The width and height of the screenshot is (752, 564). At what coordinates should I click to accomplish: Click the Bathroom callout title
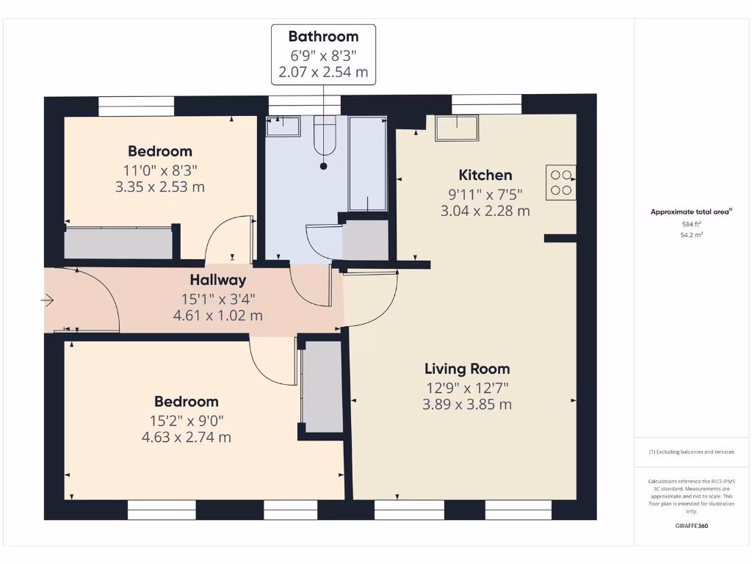point(323,37)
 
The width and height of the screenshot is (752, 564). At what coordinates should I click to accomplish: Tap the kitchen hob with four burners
point(561,182)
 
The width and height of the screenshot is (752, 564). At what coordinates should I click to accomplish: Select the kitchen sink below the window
point(456,129)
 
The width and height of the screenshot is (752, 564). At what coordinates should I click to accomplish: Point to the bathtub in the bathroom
point(368,163)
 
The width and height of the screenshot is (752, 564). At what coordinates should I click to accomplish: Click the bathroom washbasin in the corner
point(283,126)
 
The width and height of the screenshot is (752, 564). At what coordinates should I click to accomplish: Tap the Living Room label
point(467,369)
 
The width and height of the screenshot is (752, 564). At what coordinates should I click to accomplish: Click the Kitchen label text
point(485,175)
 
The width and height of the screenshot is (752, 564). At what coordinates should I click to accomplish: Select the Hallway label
point(218,280)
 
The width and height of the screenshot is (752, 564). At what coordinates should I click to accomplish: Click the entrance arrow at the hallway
point(48,300)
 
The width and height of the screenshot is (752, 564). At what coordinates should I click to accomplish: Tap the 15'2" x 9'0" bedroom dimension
point(186,420)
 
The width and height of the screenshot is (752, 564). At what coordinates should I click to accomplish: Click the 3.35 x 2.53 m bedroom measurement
point(159,187)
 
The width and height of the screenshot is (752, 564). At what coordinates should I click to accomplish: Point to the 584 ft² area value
point(691,224)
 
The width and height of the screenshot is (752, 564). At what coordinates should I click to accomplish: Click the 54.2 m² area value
point(691,235)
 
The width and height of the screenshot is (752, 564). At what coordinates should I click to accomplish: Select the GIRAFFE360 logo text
point(691,526)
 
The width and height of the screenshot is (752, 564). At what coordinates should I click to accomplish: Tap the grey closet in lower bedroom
point(323,386)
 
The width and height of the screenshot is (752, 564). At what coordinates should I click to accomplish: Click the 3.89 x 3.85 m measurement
point(467,405)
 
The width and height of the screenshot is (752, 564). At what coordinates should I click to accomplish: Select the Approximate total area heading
point(690,211)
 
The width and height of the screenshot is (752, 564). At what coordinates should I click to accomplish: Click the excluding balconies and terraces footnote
point(691,452)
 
